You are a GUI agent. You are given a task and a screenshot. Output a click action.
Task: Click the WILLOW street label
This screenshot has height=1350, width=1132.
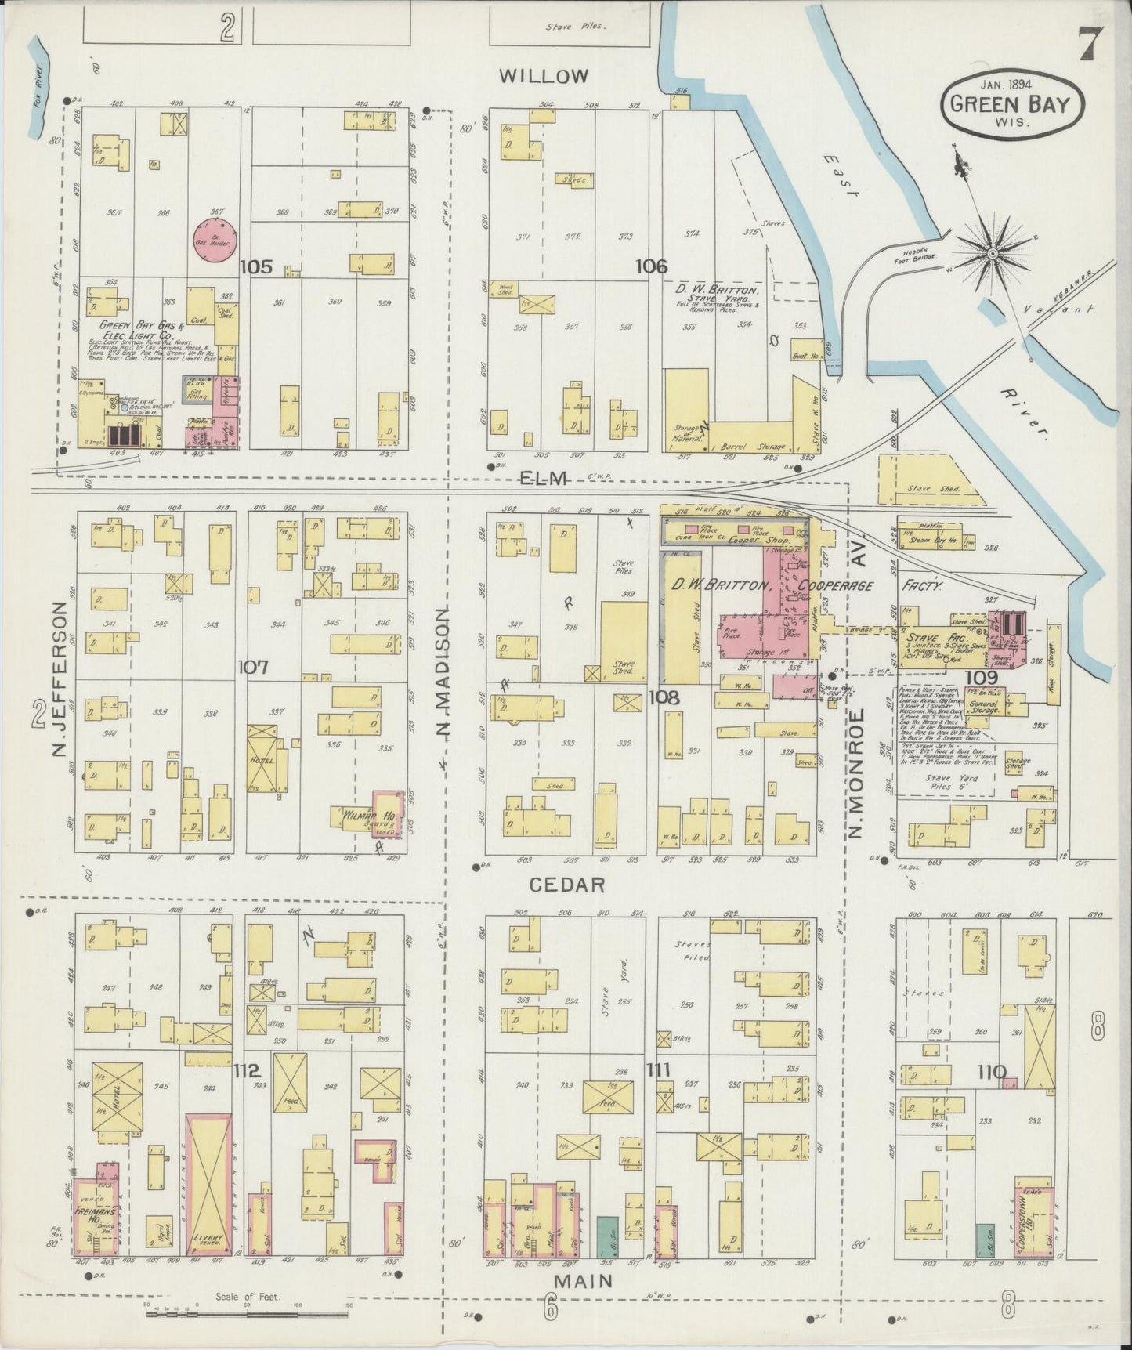point(544,76)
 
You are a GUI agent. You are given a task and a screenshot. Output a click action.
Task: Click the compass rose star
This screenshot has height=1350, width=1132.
point(991,254)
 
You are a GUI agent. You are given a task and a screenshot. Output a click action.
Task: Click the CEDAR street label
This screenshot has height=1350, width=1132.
point(567,885)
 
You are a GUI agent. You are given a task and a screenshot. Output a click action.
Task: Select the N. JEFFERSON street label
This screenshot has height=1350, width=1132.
point(60,680)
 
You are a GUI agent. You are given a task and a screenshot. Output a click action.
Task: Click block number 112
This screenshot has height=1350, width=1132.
point(245,1070)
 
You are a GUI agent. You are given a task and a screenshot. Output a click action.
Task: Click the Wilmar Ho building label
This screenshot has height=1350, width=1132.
point(365,816)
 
